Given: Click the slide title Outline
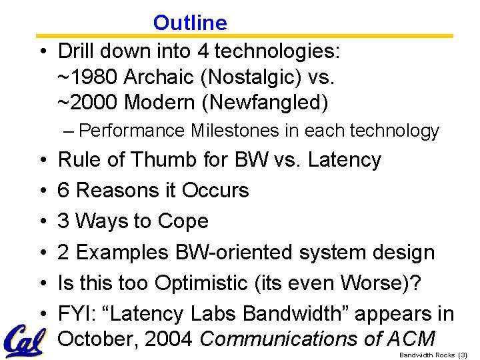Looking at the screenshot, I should pyautogui.click(x=190, y=23).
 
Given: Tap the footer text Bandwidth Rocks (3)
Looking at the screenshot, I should pyautogui.click(x=433, y=355).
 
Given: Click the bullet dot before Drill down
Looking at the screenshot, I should pyautogui.click(x=41, y=51).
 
